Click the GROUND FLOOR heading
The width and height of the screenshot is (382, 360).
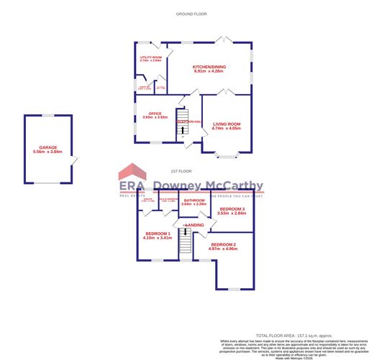191,14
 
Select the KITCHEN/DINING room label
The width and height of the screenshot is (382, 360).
209,67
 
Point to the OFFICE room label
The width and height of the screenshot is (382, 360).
155,114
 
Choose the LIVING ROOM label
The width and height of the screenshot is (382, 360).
227,124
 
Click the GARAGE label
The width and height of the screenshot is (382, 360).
49,148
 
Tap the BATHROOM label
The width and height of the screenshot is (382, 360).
194,200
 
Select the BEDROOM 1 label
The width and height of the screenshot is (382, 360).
158,234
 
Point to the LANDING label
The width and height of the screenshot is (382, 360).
194,226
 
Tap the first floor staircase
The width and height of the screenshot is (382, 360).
186,244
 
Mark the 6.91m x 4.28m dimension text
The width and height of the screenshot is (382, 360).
209,72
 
